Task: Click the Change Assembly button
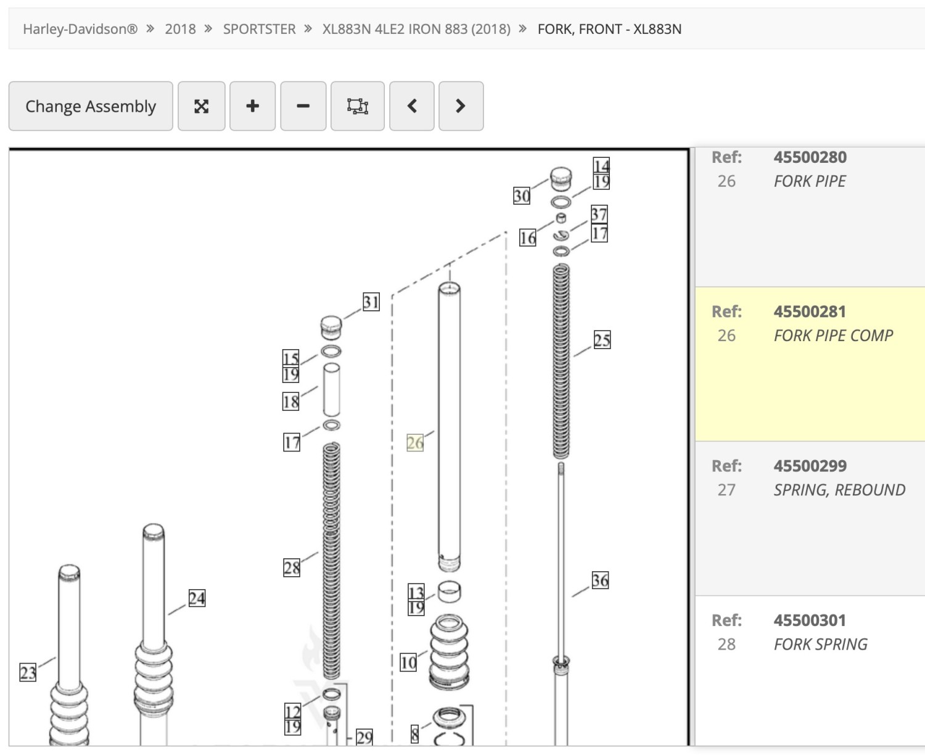(91, 106)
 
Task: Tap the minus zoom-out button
(303, 106)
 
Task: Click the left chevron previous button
(412, 106)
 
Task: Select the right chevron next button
(461, 106)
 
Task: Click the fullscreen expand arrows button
(201, 106)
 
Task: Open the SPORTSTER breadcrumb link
(259, 29)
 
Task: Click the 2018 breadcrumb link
(180, 29)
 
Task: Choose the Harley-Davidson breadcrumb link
(80, 29)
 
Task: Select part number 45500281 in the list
(810, 311)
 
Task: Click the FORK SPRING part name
(820, 644)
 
